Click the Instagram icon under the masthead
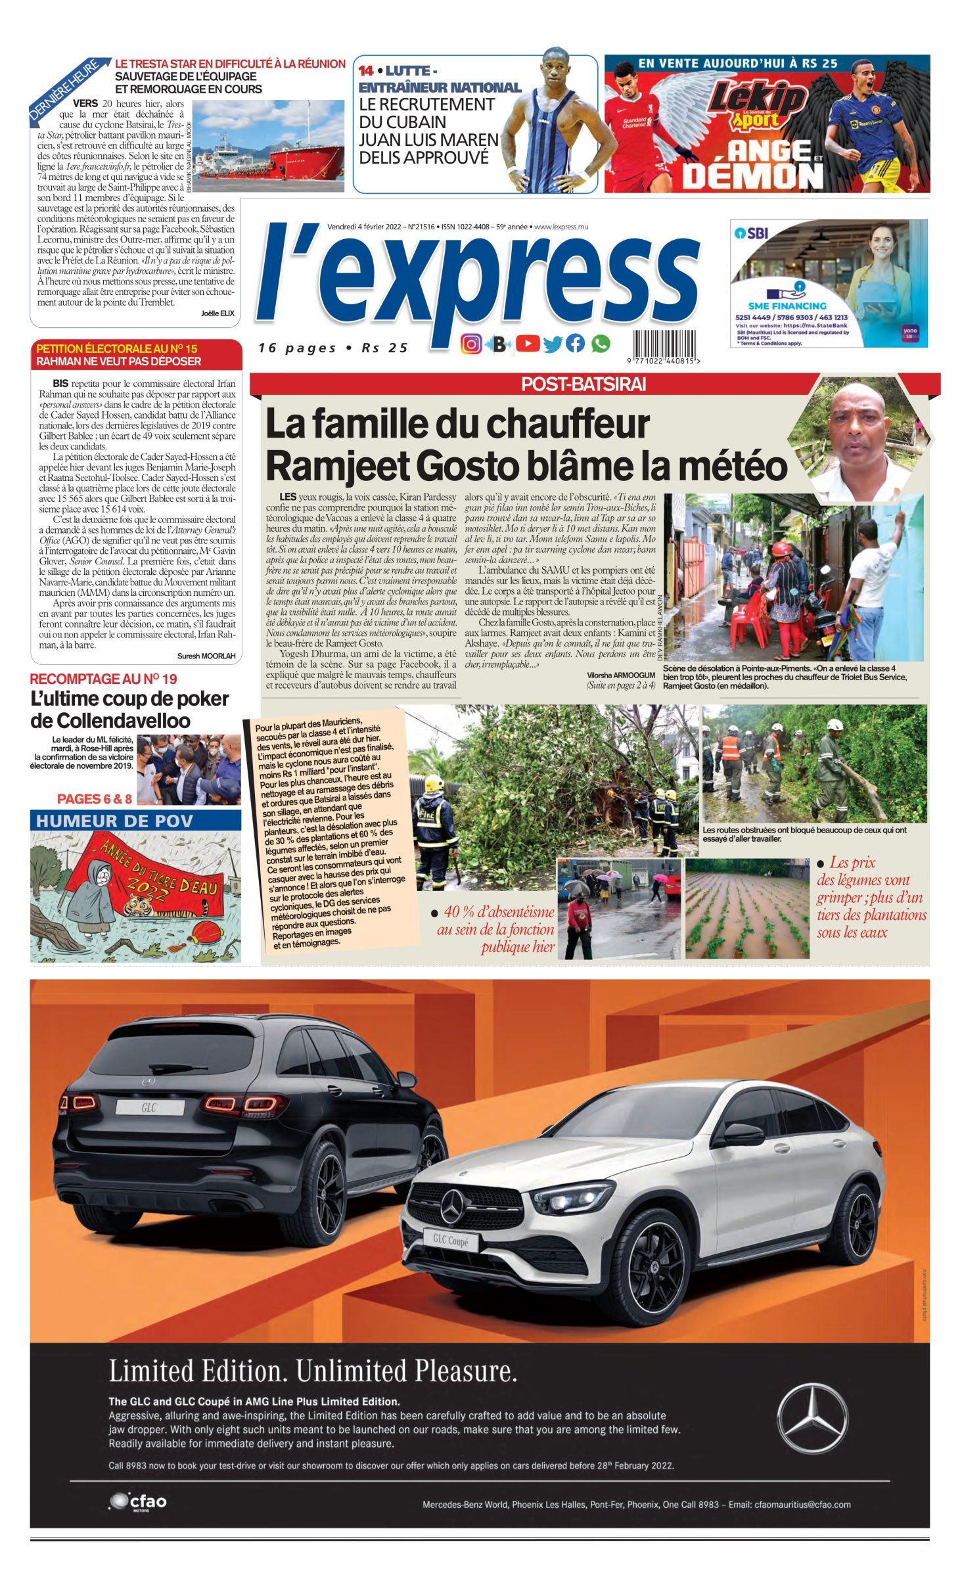coord(470,344)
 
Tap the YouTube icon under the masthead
coord(528,343)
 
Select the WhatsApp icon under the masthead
coord(600,343)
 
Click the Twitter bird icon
coord(553,344)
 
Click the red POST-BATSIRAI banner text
coord(583,384)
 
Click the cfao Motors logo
coord(139,1501)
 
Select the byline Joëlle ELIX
coord(217,313)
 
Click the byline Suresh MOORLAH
coord(206,656)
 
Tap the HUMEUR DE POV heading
coord(115,821)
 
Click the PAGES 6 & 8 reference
coord(95,799)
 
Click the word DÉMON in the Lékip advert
coord(752,175)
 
